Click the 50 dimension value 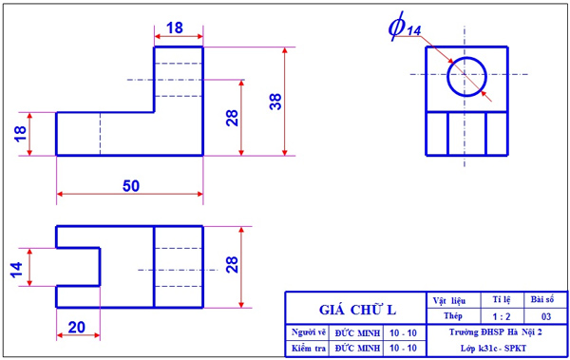[x=131, y=185]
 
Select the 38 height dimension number [x=275, y=101]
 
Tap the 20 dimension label [x=77, y=327]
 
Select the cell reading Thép [x=452, y=314]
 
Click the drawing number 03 [x=545, y=314]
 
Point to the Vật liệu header [x=451, y=298]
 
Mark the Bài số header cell [x=545, y=298]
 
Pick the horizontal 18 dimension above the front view [x=176, y=28]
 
